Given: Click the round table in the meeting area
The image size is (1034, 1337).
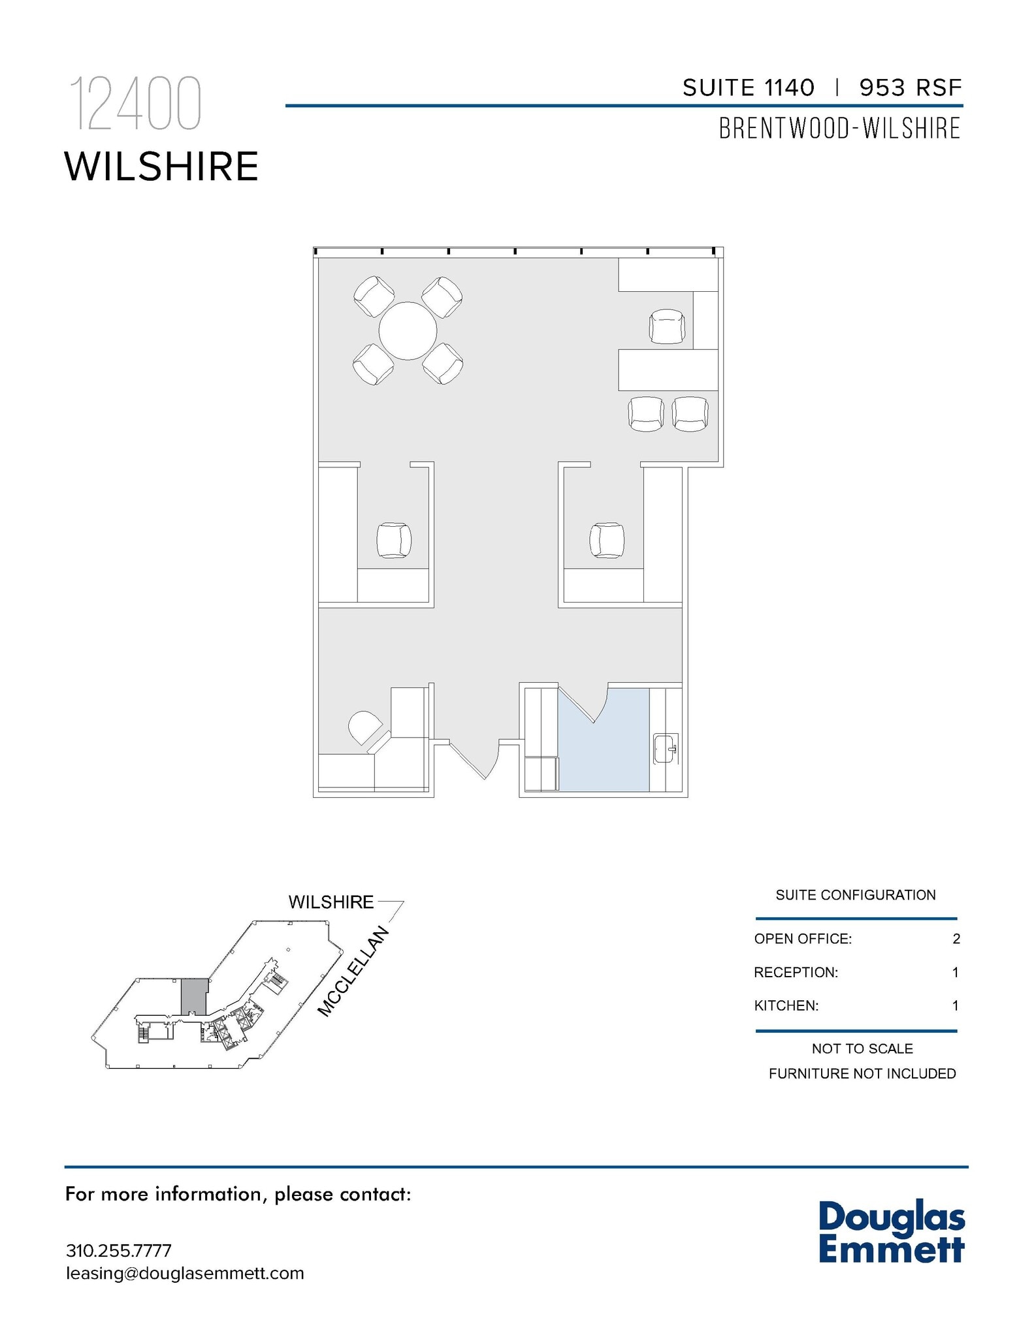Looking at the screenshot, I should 408,330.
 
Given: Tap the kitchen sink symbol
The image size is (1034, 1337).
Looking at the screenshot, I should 666,749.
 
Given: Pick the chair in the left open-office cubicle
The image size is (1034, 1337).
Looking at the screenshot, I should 394,541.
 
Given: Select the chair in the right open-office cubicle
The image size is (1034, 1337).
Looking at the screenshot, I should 606,541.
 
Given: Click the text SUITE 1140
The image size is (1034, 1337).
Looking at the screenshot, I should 749,87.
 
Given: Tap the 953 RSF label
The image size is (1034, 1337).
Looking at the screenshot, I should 911,87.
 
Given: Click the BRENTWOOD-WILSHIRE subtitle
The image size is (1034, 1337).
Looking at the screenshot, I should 839,129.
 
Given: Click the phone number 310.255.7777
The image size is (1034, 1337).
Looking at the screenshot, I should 119,1250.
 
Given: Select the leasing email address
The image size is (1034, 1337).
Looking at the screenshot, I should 185,1273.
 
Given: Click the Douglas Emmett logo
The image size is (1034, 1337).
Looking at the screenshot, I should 891,1231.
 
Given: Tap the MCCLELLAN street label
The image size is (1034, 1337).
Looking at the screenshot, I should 353,972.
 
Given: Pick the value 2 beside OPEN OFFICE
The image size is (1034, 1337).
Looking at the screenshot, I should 956,939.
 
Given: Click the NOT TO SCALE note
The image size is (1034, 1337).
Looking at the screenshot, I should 862,1048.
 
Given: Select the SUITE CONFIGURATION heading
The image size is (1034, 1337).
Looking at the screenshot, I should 855,895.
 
